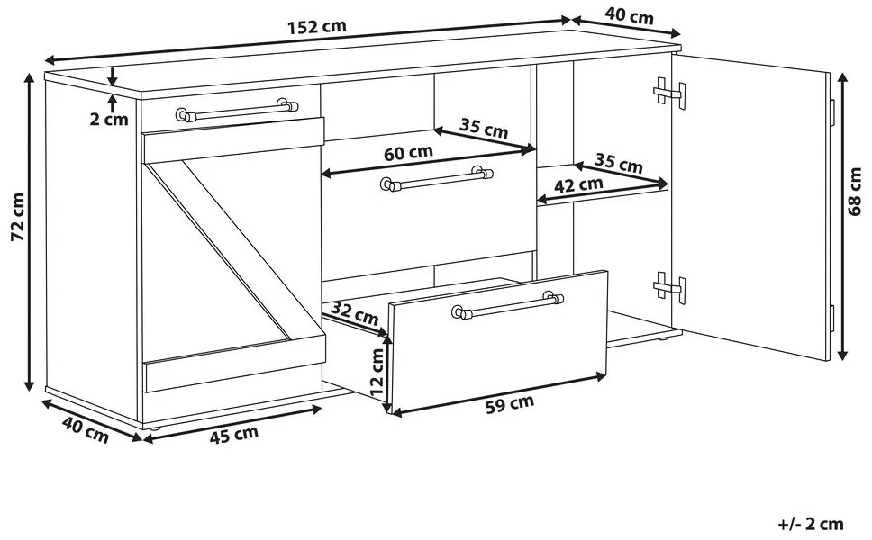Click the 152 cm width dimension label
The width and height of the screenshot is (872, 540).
(x=317, y=27)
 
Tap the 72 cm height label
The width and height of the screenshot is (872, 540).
(x=18, y=217)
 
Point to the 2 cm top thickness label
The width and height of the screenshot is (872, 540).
(x=109, y=119)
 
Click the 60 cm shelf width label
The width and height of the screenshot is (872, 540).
(x=408, y=153)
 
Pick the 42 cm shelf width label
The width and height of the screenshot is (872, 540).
(x=579, y=185)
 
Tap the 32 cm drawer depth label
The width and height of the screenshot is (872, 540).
(x=354, y=313)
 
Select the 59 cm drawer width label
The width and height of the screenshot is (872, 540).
(x=509, y=404)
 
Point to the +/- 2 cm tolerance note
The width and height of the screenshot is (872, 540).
(x=811, y=523)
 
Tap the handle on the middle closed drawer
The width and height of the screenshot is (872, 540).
(x=437, y=178)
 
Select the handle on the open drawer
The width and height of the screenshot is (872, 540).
(x=508, y=305)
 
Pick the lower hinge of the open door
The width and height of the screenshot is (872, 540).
(x=669, y=287)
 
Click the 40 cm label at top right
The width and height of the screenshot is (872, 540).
(x=629, y=16)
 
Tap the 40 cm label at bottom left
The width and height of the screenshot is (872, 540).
(x=85, y=429)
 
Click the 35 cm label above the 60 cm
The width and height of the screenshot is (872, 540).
(x=483, y=129)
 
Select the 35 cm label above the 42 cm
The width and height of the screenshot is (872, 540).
(x=618, y=163)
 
